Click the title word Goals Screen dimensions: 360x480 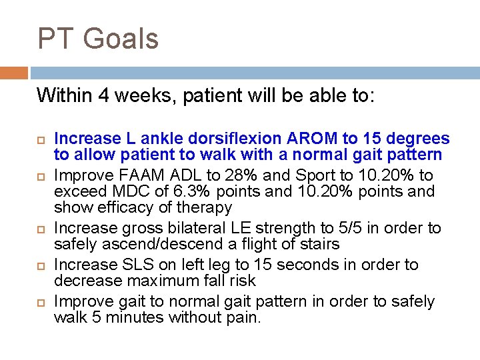[120, 39]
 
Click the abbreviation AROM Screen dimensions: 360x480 [313, 139]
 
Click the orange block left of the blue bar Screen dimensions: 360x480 [14, 73]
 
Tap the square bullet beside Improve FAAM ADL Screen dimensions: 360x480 [40, 177]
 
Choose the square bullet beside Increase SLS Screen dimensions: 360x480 [40, 266]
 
